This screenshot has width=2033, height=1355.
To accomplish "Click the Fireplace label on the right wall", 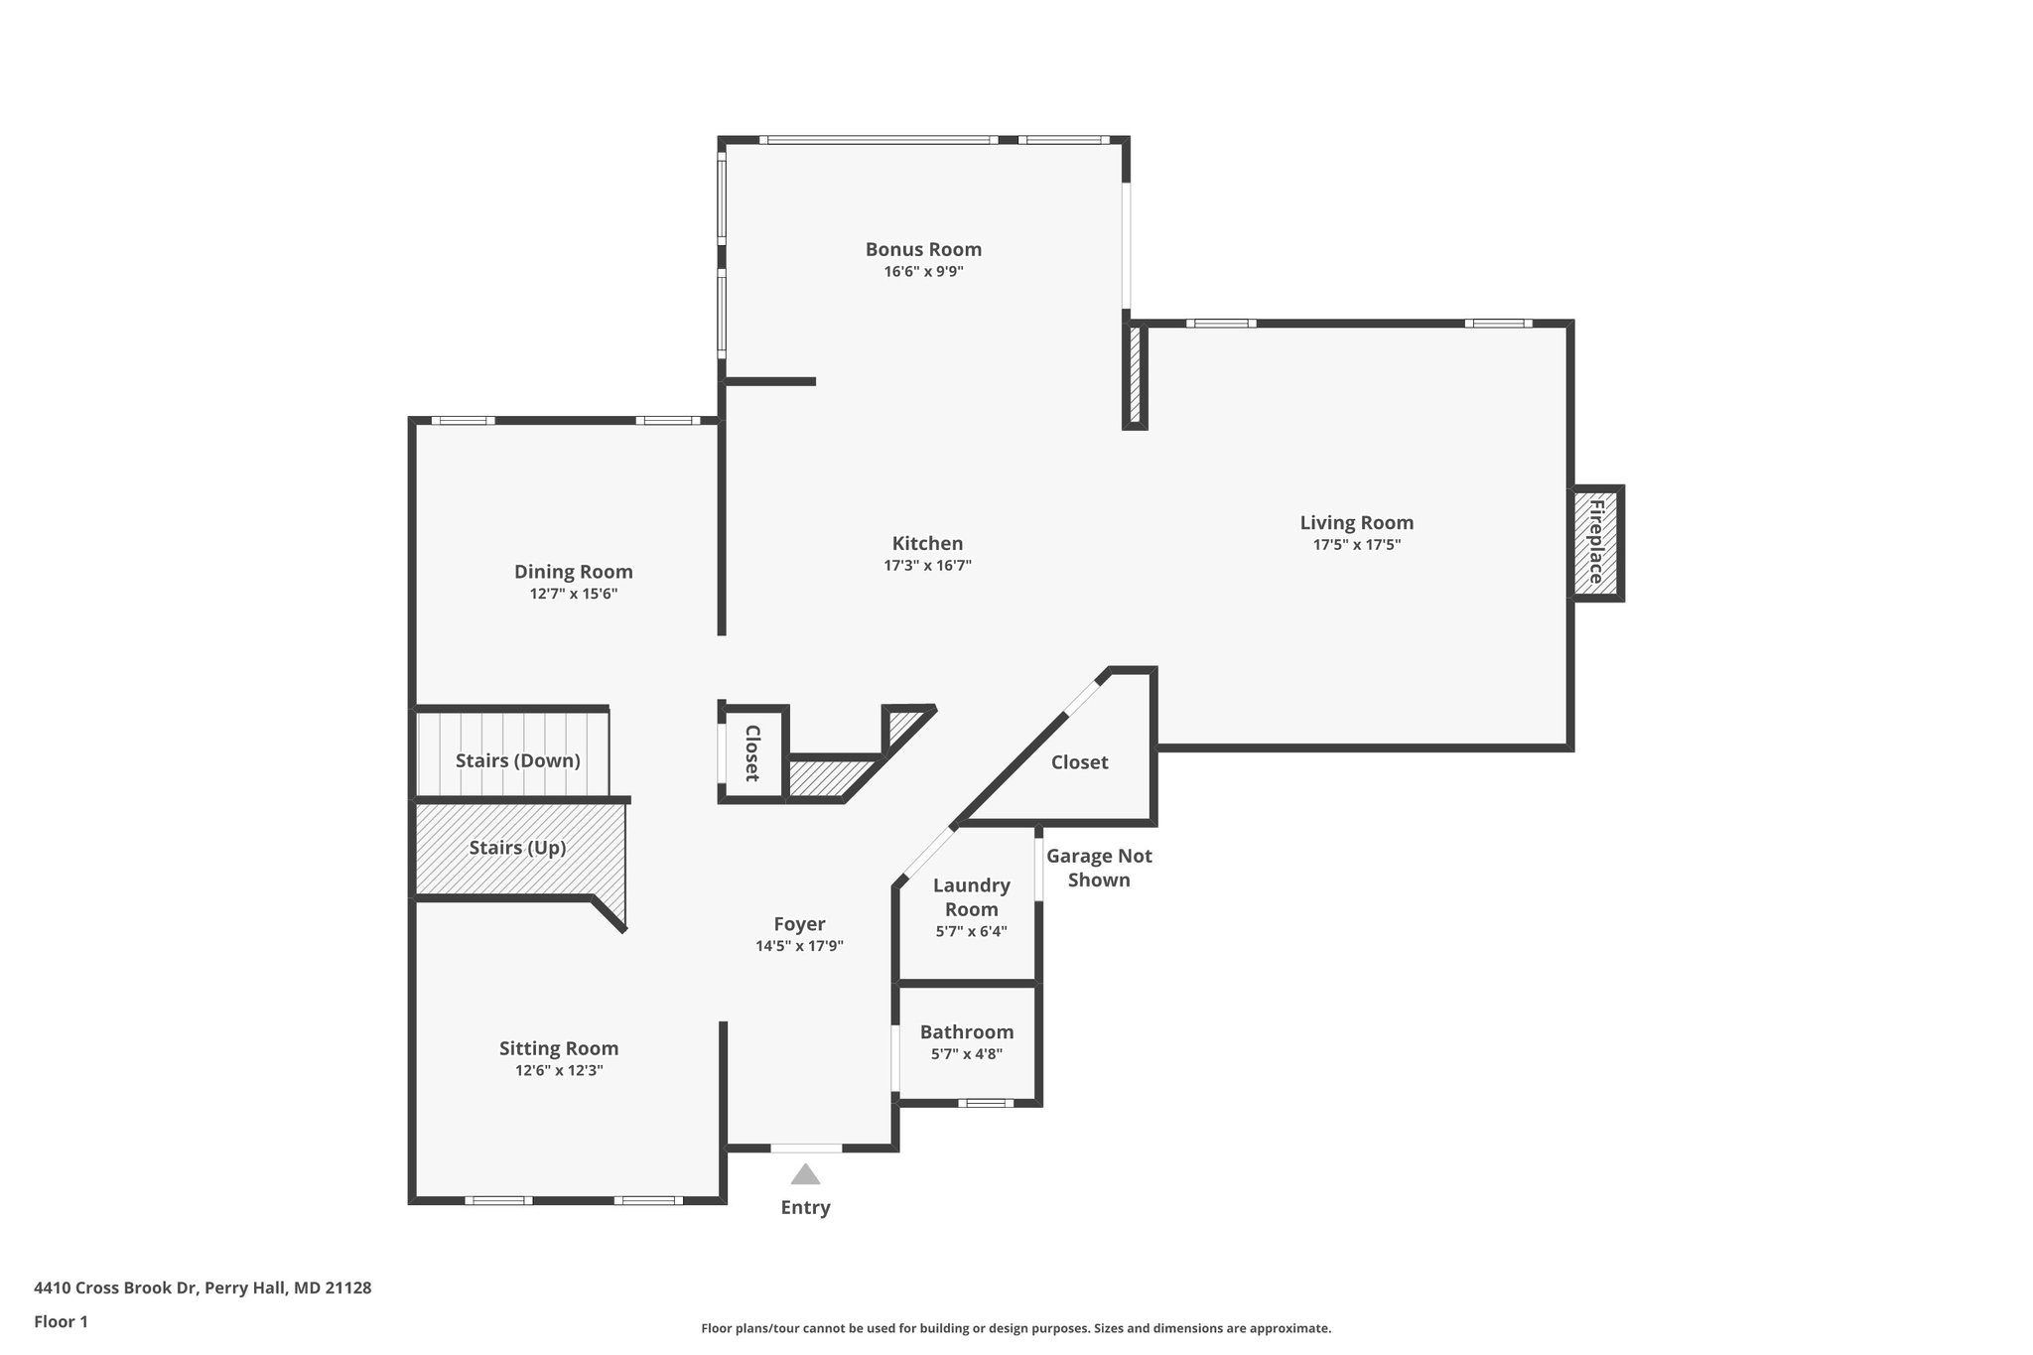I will [1596, 543].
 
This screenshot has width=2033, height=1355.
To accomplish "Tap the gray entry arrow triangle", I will [805, 1175].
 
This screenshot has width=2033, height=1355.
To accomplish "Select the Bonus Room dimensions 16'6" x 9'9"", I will [923, 271].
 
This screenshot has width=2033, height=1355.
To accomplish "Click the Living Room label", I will [1356, 522].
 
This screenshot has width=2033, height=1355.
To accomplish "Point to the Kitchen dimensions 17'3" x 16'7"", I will [927, 566].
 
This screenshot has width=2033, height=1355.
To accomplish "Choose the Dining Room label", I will [573, 572].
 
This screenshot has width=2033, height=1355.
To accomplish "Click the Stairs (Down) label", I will [517, 760].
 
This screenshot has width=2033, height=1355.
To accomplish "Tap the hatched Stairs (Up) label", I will [517, 848].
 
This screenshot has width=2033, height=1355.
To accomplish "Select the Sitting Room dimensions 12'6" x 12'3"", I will [559, 1070].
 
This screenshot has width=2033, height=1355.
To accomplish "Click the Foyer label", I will [799, 924].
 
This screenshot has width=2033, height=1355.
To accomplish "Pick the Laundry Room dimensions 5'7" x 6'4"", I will [971, 931].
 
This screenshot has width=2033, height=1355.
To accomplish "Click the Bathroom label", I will [966, 1032].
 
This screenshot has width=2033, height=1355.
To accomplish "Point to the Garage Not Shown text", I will [1099, 868].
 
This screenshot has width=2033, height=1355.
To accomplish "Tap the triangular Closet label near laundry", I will [1079, 762].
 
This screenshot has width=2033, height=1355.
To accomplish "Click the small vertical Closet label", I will [752, 752].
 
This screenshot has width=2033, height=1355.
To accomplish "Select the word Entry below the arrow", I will [805, 1207].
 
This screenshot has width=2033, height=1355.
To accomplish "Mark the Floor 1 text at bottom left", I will [61, 1321].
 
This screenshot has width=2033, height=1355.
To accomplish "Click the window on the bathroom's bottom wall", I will [986, 1103].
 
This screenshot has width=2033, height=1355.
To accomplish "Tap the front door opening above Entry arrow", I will [806, 1149].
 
